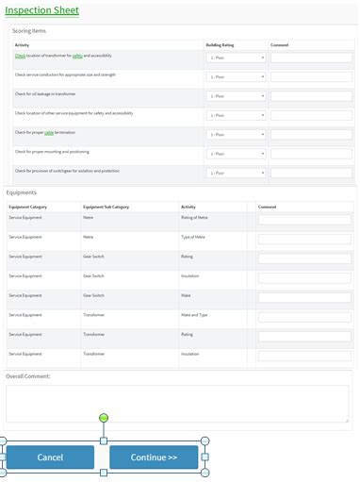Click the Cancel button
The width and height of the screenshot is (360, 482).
pyautogui.click(x=50, y=457)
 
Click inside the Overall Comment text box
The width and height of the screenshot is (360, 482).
pyautogui.click(x=177, y=403)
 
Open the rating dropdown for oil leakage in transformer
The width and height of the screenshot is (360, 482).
pyautogui.click(x=235, y=95)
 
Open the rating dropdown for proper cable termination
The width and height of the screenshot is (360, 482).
pyautogui.click(x=235, y=134)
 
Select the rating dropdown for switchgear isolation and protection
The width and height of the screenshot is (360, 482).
pyautogui.click(x=235, y=173)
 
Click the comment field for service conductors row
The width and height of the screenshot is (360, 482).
pyautogui.click(x=310, y=76)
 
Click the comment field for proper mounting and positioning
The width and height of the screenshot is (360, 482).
pyautogui.click(x=310, y=154)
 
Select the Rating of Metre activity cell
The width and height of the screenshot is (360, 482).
pyautogui.click(x=194, y=218)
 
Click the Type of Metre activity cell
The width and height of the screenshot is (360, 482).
pyautogui.click(x=193, y=237)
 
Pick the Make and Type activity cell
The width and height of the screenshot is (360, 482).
pyautogui.click(x=195, y=315)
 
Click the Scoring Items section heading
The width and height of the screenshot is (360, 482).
pyautogui.click(x=29, y=31)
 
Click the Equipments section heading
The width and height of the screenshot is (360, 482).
pyautogui.click(x=23, y=192)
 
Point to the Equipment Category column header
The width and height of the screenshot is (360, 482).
pyautogui.click(x=27, y=207)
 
